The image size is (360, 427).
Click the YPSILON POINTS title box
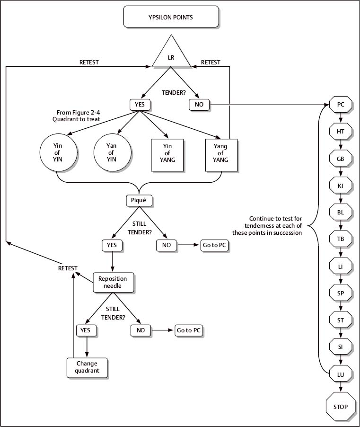171,17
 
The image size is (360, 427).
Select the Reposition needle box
113,283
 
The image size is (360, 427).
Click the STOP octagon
341,407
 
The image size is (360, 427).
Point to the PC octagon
341,104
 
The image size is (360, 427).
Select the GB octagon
341,159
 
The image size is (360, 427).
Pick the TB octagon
341,239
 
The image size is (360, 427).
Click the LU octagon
341,374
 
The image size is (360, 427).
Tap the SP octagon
341,293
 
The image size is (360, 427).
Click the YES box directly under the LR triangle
139,104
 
